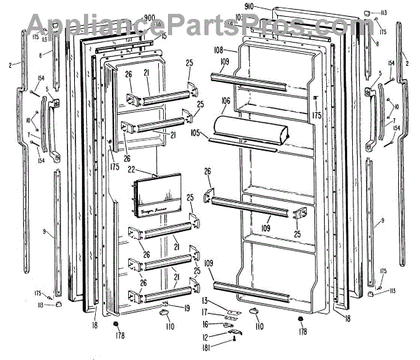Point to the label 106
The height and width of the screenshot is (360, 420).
(225, 102)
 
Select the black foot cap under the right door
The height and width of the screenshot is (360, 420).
(301, 321)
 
